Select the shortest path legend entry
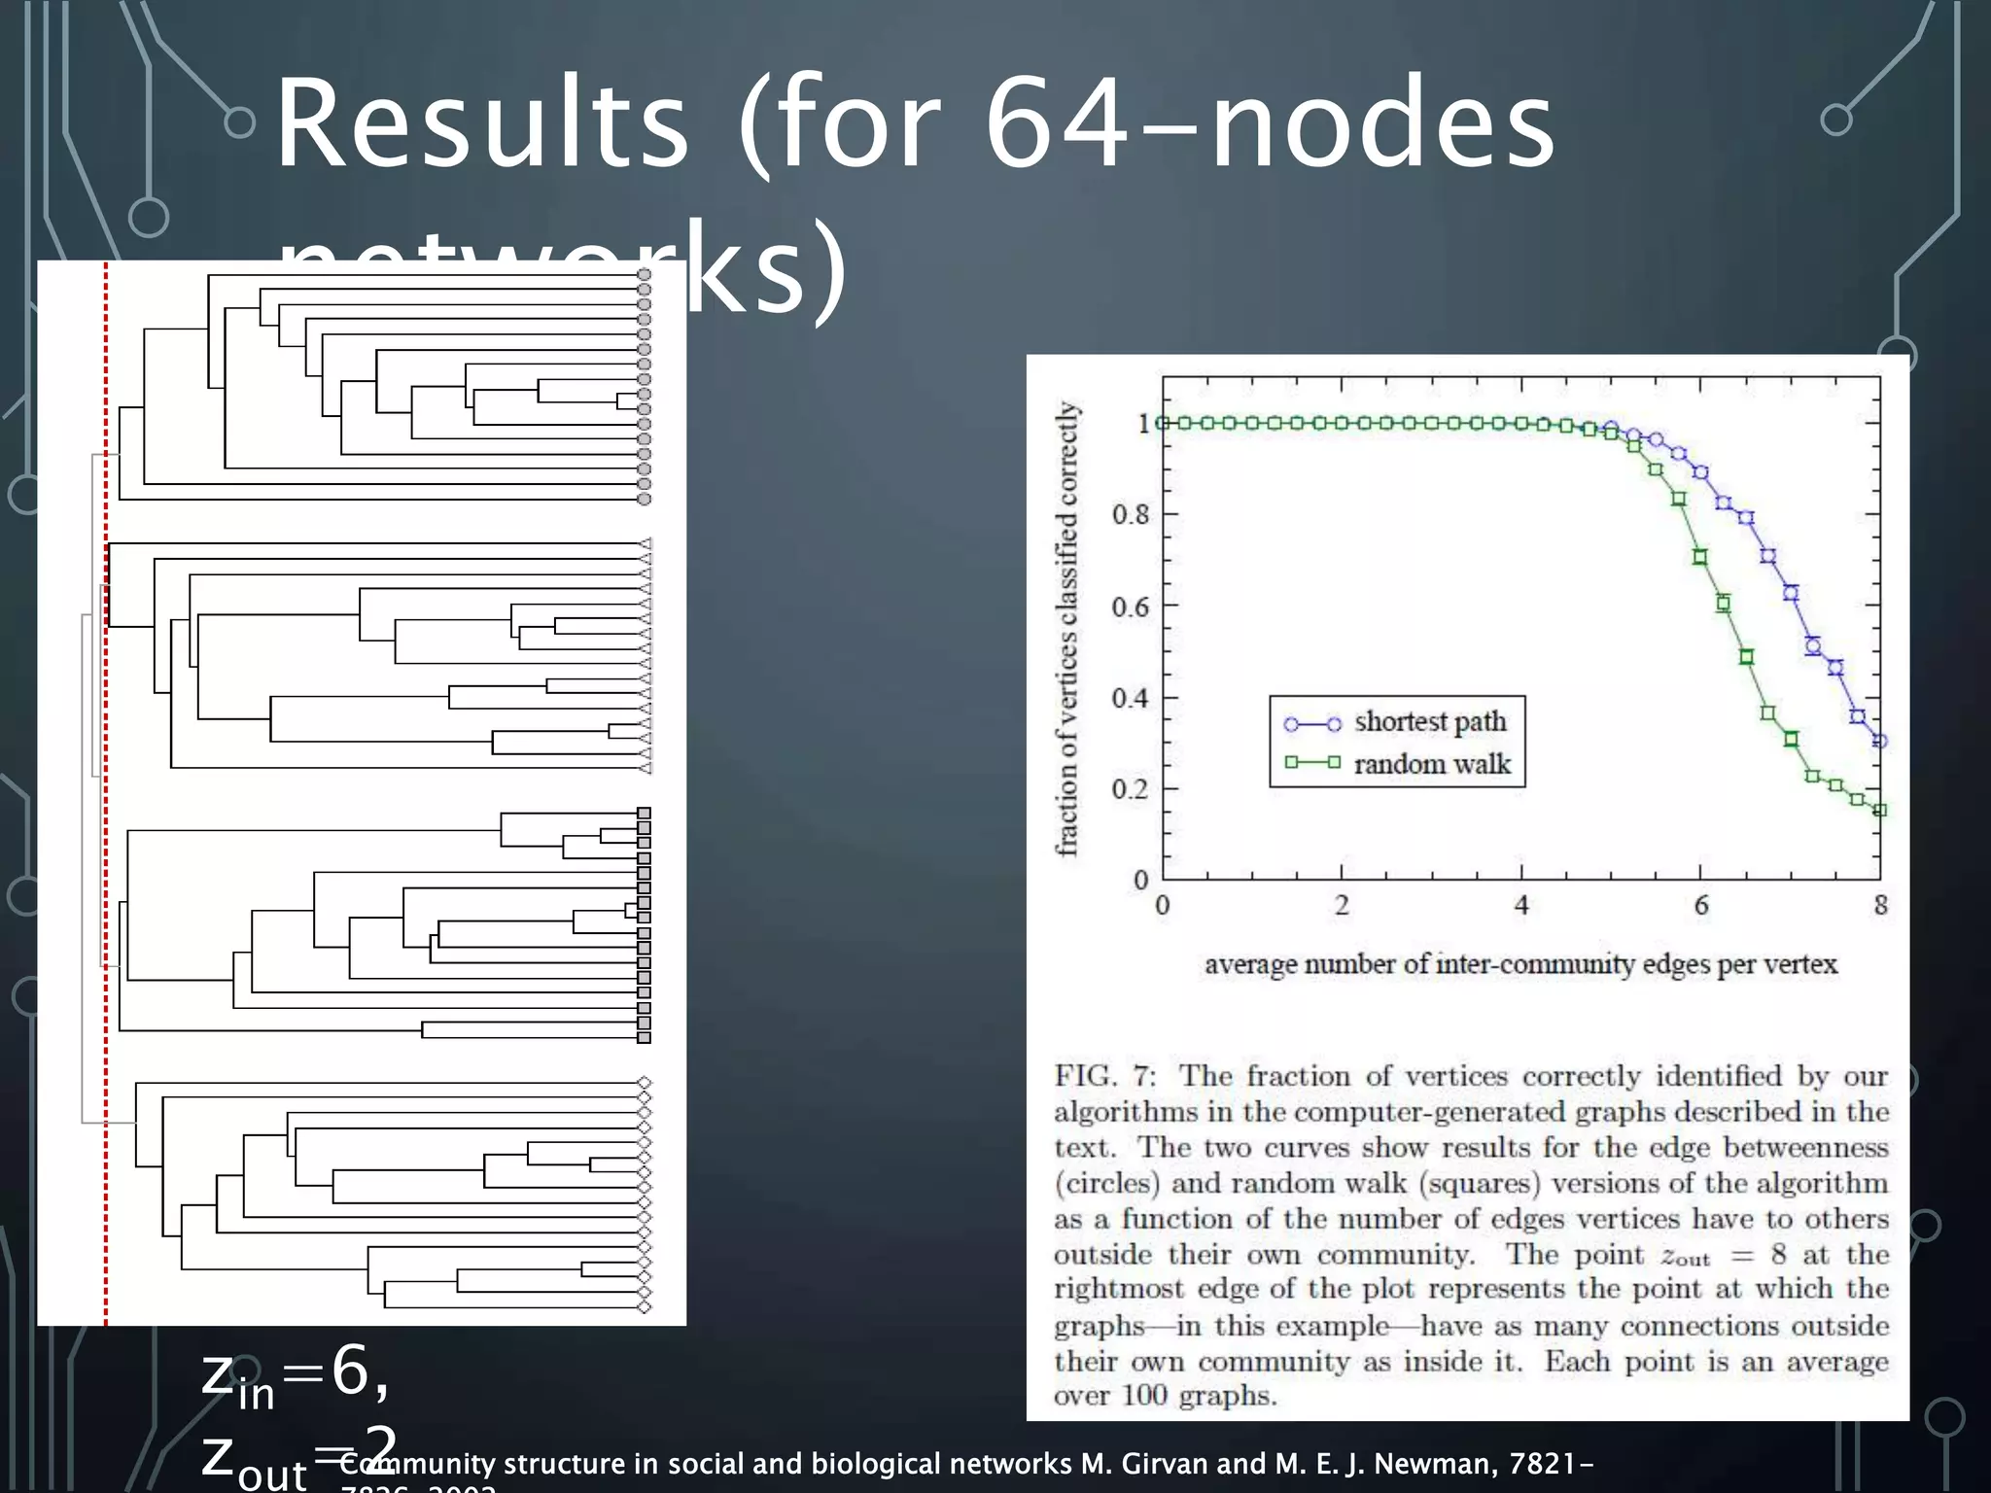click(x=1429, y=722)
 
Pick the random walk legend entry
click(x=1431, y=765)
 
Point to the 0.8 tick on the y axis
click(x=1131, y=514)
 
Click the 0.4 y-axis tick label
click(x=1131, y=698)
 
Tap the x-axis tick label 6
click(x=1701, y=906)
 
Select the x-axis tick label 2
click(x=1343, y=906)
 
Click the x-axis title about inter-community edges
click(x=1520, y=964)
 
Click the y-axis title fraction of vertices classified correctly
click(x=1067, y=629)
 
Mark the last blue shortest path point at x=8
click(x=1879, y=742)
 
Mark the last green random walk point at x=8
click(x=1879, y=810)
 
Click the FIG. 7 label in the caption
click(x=1105, y=1077)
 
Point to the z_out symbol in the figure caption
click(x=1685, y=1256)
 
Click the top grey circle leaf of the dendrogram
click(x=644, y=275)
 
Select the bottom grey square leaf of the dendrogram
click(x=644, y=1037)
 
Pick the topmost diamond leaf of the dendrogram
click(x=644, y=1083)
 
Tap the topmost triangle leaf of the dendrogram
click(x=645, y=544)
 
